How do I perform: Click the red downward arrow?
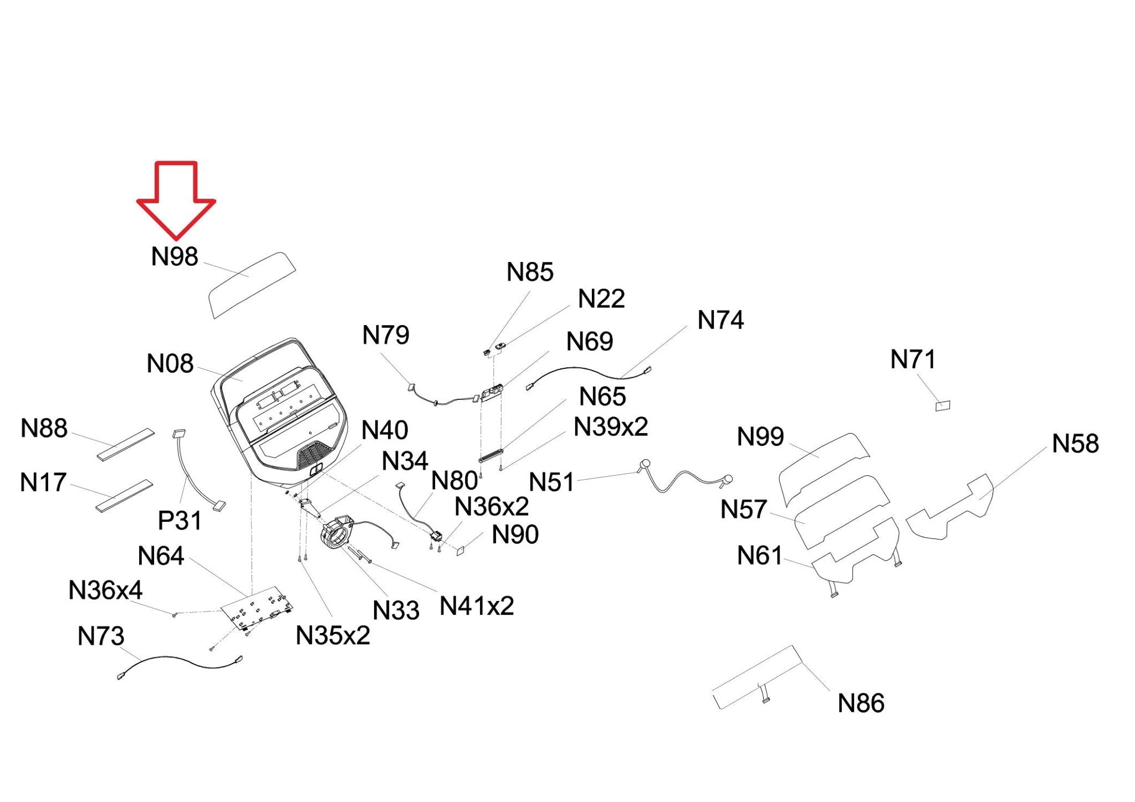[176, 200]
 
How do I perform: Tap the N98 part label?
[175, 256]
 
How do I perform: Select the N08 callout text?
[170, 363]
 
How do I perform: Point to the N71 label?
[913, 359]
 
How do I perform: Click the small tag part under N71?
[943, 406]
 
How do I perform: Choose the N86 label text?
[861, 703]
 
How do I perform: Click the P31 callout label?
[180, 520]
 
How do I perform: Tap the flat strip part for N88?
[126, 444]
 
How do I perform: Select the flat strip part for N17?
[124, 496]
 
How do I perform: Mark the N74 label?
[720, 320]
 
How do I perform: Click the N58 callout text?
[1075, 443]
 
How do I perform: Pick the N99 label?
[760, 436]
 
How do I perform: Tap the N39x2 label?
[611, 426]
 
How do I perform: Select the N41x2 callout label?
[477, 606]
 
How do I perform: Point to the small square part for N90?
[461, 550]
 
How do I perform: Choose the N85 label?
[530, 271]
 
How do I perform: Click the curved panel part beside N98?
[252, 285]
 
